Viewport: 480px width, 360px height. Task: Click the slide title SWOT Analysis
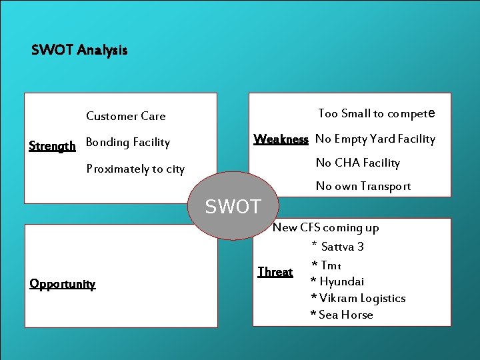(79, 50)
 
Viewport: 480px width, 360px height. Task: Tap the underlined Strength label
(52, 146)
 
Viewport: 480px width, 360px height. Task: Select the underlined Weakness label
(281, 139)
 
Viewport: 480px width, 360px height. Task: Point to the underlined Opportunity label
(63, 284)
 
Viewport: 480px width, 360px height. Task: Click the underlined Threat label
(275, 272)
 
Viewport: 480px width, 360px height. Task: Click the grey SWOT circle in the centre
(233, 206)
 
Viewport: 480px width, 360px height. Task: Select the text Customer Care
(126, 116)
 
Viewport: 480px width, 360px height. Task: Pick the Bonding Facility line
(128, 142)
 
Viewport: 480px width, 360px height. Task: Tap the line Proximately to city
(135, 169)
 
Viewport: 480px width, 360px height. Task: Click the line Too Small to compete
(377, 113)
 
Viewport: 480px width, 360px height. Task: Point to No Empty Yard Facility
(375, 139)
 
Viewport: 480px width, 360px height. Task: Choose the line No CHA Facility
(358, 163)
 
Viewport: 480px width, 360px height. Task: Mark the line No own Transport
(363, 186)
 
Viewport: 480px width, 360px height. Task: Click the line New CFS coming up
(326, 227)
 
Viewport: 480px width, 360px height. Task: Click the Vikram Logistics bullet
(358, 298)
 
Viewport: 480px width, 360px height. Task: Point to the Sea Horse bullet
(342, 315)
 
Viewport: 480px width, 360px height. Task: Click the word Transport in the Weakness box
(386, 186)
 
